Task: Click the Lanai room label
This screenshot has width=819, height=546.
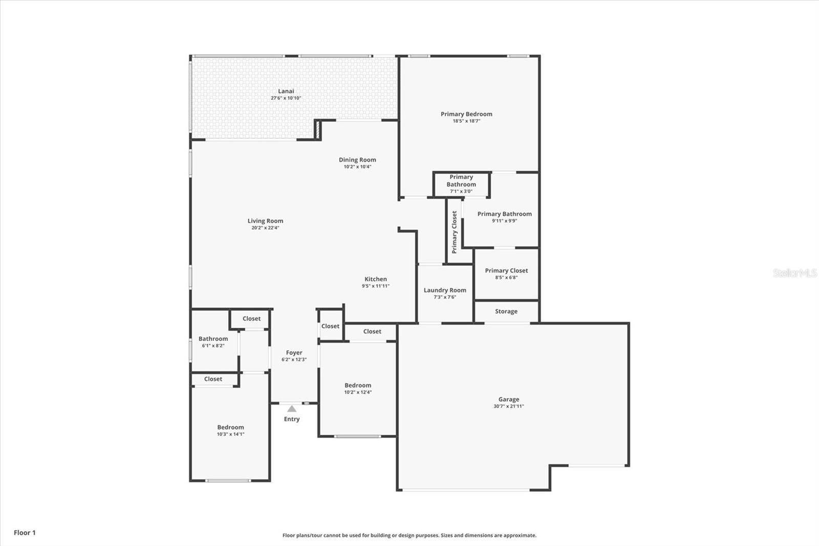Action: [x=286, y=91]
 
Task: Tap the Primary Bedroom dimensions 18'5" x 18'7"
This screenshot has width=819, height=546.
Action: [x=466, y=121]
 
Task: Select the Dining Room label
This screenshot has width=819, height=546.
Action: [x=357, y=160]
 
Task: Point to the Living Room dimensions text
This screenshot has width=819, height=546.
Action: [x=265, y=227]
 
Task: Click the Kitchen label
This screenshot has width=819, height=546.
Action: [x=376, y=279]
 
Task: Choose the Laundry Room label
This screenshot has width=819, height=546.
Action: [x=445, y=290]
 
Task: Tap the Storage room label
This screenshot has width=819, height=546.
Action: [x=506, y=311]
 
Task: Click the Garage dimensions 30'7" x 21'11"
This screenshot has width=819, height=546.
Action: [x=509, y=406]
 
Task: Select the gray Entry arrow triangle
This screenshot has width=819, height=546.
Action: [x=292, y=409]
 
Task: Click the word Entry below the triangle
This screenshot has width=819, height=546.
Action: [x=292, y=419]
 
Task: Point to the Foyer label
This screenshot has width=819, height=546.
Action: [x=294, y=352]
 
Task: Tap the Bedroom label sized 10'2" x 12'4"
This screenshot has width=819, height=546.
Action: [x=358, y=385]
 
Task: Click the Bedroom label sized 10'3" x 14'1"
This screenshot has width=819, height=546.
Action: [x=230, y=428]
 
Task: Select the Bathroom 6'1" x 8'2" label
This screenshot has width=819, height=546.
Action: [x=213, y=339]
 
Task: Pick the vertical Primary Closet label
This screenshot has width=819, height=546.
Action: [x=455, y=232]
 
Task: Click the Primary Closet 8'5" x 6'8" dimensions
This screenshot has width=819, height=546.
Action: [x=506, y=278]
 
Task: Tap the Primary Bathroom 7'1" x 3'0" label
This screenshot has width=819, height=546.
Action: [x=461, y=181]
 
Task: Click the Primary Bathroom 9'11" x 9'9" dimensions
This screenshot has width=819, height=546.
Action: [x=505, y=221]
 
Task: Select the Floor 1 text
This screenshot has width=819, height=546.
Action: [x=25, y=533]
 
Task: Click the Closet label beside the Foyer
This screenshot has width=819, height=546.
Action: [x=330, y=326]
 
